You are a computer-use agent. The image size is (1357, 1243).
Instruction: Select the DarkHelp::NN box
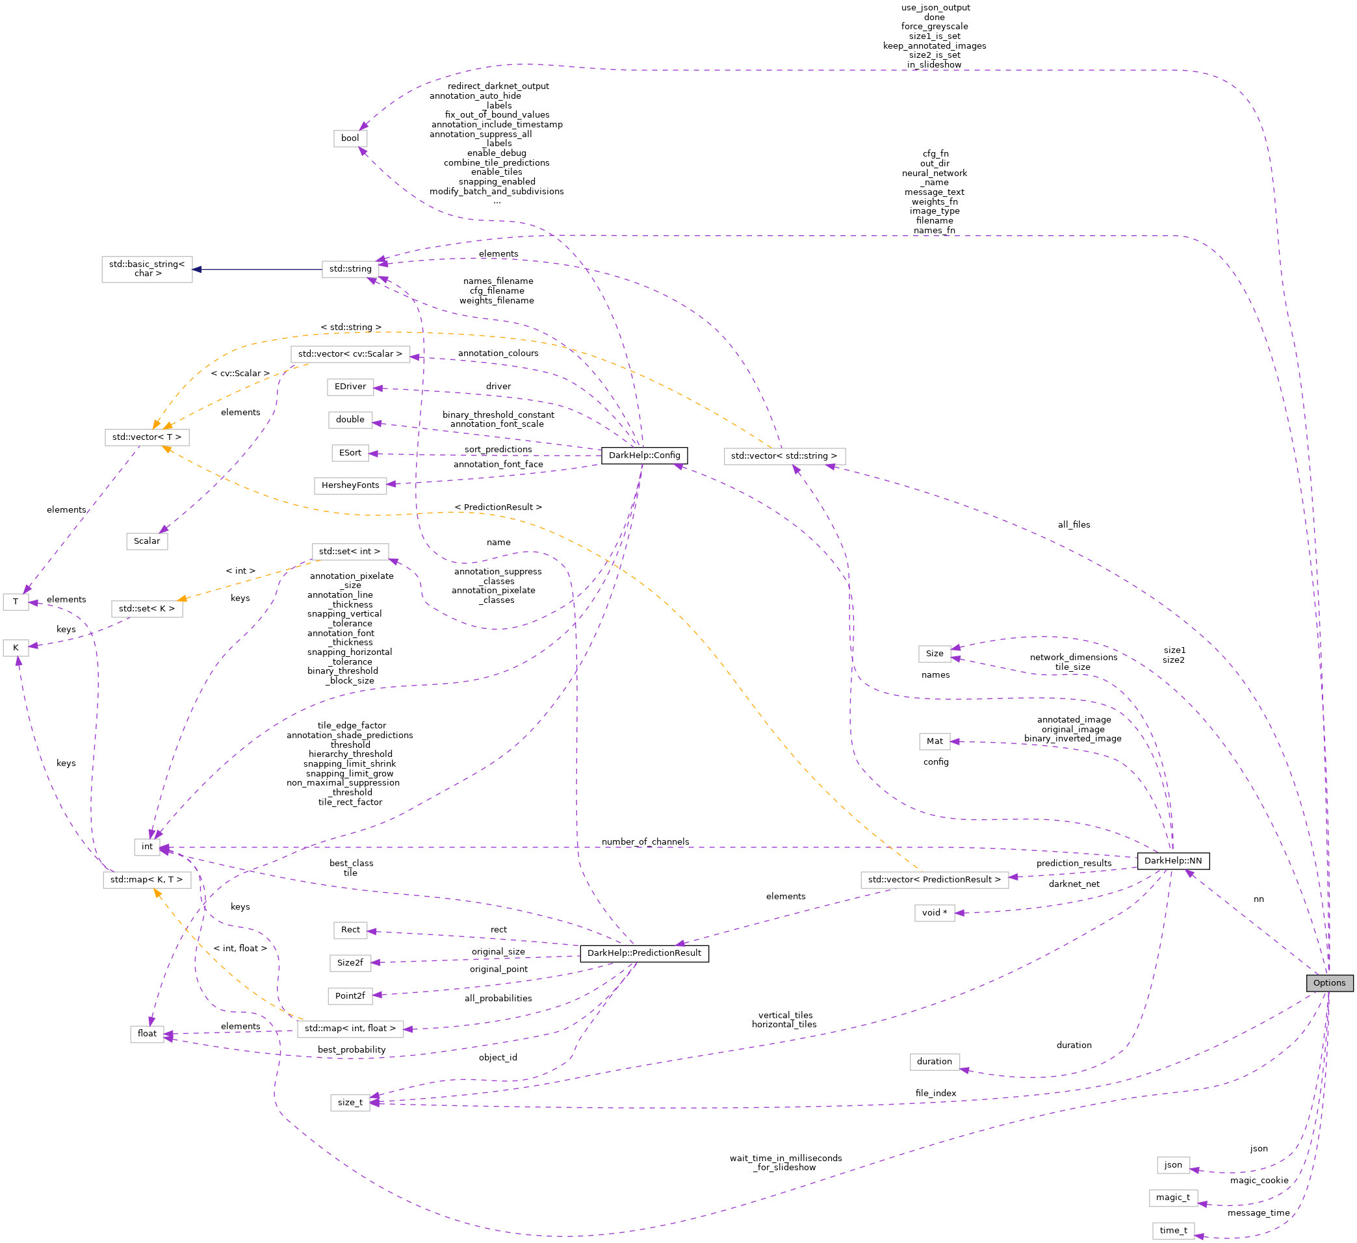click(x=1172, y=861)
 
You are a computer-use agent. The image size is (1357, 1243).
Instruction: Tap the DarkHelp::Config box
click(x=644, y=455)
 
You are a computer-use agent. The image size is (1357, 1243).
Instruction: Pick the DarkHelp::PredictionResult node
click(x=644, y=953)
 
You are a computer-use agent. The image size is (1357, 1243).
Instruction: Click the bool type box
click(x=350, y=138)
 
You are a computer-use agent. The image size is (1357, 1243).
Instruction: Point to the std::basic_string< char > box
click(x=147, y=269)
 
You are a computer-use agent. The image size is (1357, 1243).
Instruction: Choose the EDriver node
click(x=350, y=387)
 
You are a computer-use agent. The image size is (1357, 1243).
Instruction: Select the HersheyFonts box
click(x=350, y=485)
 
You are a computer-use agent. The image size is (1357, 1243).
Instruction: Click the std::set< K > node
click(x=147, y=609)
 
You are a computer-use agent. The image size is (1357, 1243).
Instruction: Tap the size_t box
click(x=350, y=1103)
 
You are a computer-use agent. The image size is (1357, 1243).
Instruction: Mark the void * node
click(x=935, y=913)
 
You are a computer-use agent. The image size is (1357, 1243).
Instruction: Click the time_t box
click(x=1173, y=1231)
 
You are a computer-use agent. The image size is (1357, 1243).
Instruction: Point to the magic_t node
click(x=1173, y=1198)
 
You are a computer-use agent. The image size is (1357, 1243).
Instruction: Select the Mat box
click(x=935, y=741)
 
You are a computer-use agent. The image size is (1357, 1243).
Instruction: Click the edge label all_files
click(x=1074, y=525)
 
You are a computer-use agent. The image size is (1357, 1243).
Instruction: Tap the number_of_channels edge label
click(x=645, y=842)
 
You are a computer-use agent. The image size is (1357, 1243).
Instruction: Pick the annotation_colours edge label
click(x=498, y=353)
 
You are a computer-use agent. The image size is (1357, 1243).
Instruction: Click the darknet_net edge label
click(x=1074, y=884)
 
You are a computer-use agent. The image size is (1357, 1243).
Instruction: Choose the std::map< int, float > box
click(x=350, y=1029)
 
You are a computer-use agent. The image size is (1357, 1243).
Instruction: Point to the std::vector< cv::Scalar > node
click(x=350, y=354)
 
